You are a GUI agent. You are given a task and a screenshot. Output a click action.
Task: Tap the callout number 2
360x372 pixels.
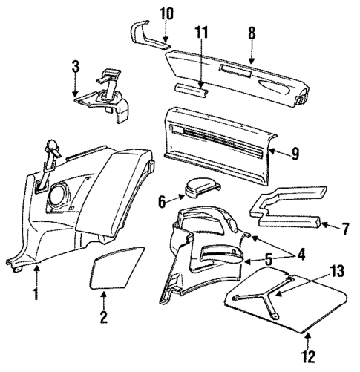click(x=104, y=319)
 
